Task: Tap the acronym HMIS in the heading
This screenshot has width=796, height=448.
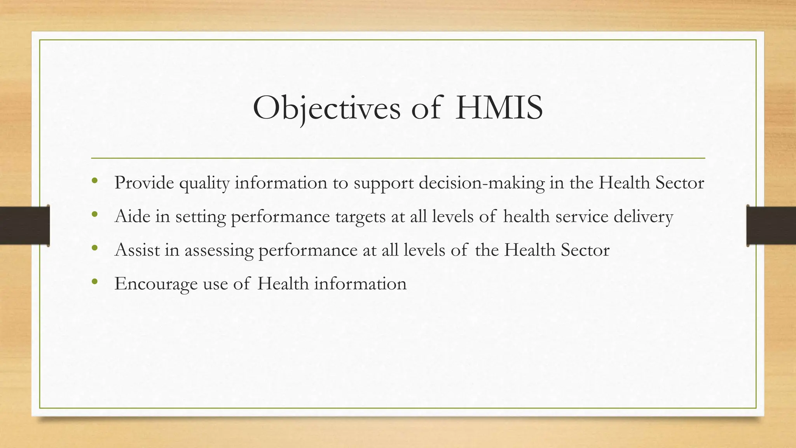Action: [499, 108]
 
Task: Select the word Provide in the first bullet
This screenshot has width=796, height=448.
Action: [144, 183]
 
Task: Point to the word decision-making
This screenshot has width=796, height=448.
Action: [482, 183]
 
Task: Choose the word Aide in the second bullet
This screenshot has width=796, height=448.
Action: [133, 216]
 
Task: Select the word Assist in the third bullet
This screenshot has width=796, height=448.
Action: [137, 250]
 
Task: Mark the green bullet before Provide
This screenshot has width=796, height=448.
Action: [94, 180]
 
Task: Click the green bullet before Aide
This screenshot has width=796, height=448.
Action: [94, 214]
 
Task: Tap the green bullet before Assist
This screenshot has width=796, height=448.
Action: [94, 247]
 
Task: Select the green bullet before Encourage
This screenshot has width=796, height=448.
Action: [94, 281]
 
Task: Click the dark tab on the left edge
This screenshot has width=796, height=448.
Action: [24, 226]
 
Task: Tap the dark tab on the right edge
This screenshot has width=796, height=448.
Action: [771, 226]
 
